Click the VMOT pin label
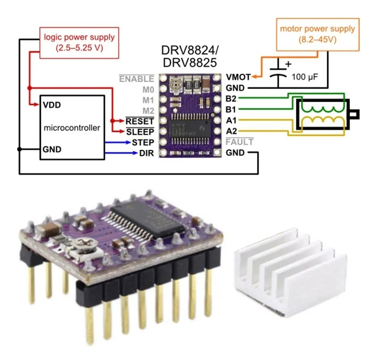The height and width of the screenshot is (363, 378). pyautogui.click(x=236, y=77)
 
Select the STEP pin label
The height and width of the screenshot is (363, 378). pyautogui.click(x=143, y=142)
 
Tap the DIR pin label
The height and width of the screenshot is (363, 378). pyautogui.click(x=146, y=153)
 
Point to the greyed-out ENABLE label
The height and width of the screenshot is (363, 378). pyautogui.click(x=136, y=79)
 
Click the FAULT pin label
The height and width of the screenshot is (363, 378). pyautogui.click(x=239, y=142)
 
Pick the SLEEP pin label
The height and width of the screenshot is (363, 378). pyautogui.click(x=140, y=132)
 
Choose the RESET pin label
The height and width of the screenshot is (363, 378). pyautogui.click(x=140, y=121)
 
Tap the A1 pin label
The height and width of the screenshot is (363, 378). pyautogui.click(x=231, y=120)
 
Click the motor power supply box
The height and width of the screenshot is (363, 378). pyautogui.click(x=317, y=34)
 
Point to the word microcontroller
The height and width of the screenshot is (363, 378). pyautogui.click(x=72, y=128)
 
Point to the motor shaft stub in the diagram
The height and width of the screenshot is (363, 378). pyautogui.click(x=353, y=114)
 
